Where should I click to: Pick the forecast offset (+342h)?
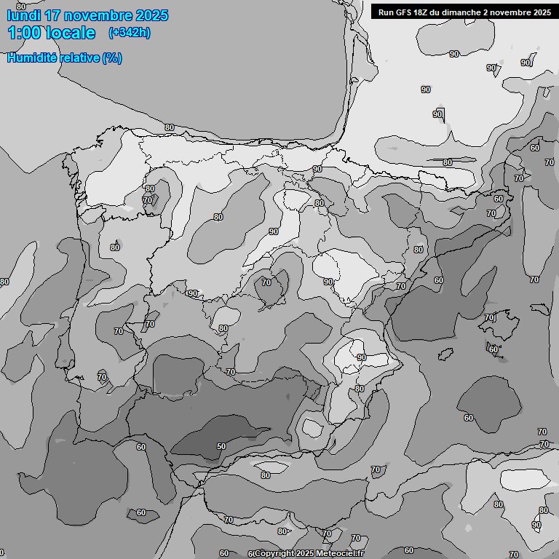click(x=130, y=33)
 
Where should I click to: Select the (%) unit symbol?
click(x=112, y=58)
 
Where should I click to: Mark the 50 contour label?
click(x=221, y=446)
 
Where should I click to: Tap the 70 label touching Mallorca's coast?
click(x=489, y=317)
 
